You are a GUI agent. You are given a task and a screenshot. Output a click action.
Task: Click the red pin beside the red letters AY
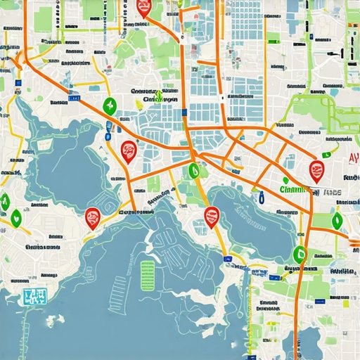pyautogui.click(x=316, y=169)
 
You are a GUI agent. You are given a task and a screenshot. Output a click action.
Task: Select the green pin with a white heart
pyautogui.click(x=15, y=216)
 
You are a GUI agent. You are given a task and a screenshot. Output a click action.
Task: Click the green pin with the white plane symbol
pyautogui.click(x=110, y=106)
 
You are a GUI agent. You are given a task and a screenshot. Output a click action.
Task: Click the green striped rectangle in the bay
pyautogui.click(x=148, y=274)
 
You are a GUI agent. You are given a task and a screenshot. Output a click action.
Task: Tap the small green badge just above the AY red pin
pyautogui.click(x=326, y=154)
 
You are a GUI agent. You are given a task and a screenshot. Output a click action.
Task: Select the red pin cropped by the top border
pyautogui.click(x=144, y=8)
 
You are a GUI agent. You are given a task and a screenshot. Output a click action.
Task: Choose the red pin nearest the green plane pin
pyautogui.click(x=128, y=150)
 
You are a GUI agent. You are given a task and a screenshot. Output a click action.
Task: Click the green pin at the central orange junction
pyautogui.click(x=193, y=170)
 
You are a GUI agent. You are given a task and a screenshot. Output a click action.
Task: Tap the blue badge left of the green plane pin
pyautogui.click(x=108, y=129)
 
